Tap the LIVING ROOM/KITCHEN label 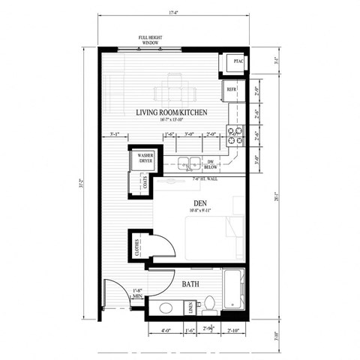tap(170, 113)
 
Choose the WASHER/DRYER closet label tap(145, 158)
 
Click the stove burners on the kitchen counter tap(237, 134)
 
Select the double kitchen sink tap(188, 161)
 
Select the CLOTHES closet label tap(138, 248)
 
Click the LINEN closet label tap(191, 307)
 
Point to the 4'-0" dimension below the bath tap(164, 331)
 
